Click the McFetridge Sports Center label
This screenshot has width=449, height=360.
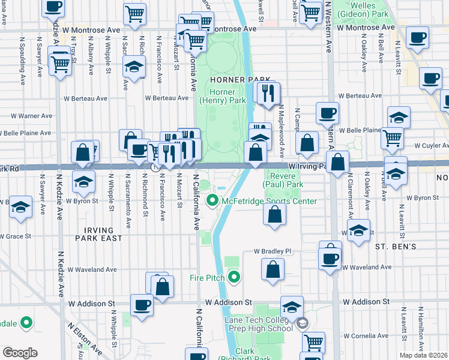(269, 201)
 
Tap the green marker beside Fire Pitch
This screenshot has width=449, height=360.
(234, 277)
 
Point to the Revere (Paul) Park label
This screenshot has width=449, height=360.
(285, 179)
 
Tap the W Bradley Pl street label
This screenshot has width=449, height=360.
(272, 251)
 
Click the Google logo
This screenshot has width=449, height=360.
(20, 352)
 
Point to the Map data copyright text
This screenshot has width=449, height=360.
(424, 355)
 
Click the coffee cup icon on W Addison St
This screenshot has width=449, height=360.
(142, 305)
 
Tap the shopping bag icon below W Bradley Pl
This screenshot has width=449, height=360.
(273, 270)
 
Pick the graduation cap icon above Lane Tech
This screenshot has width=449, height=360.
(292, 307)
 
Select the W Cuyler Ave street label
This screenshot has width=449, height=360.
(429, 145)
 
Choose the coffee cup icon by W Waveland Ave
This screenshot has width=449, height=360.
(330, 259)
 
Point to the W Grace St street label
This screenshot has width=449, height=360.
(15, 236)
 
